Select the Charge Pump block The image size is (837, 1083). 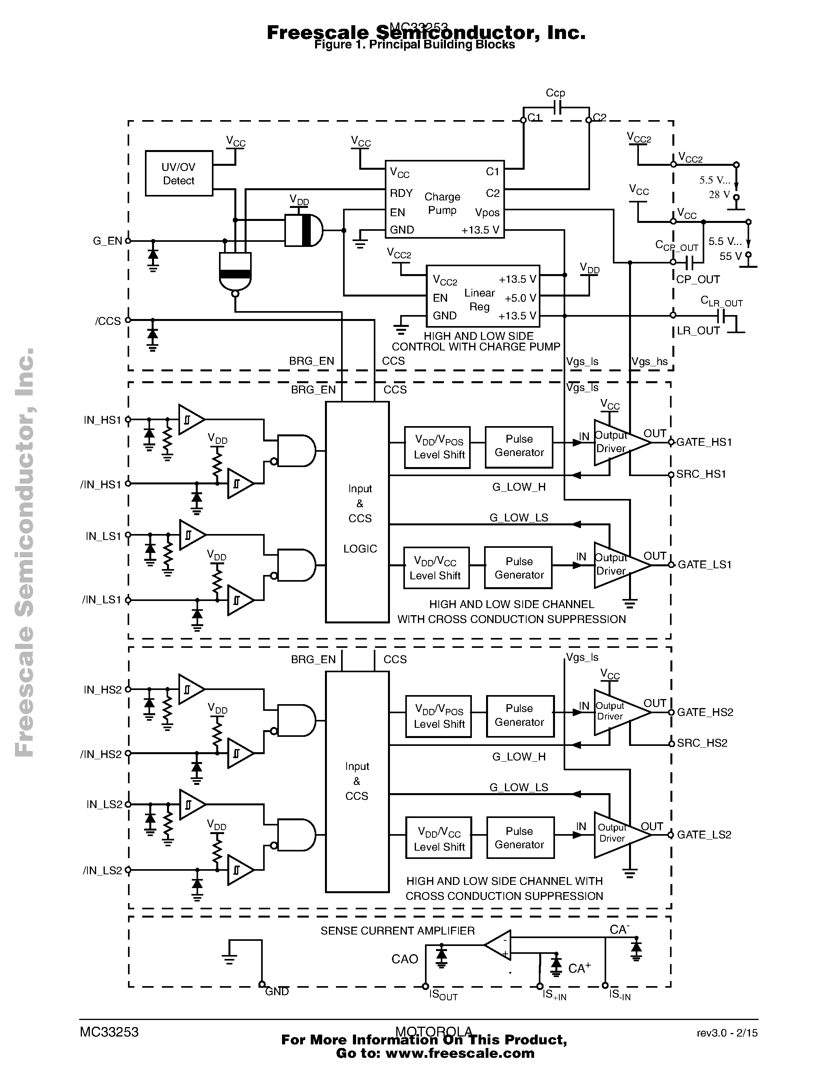click(x=444, y=199)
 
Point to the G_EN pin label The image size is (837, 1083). click(x=107, y=241)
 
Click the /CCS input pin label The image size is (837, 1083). click(x=108, y=321)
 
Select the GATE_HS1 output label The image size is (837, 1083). click(x=704, y=442)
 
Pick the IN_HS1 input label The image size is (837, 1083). click(x=102, y=421)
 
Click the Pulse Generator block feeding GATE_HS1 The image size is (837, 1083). click(x=519, y=446)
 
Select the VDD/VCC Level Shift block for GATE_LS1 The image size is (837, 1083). click(x=436, y=568)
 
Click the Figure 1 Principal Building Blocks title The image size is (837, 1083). click(x=414, y=45)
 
